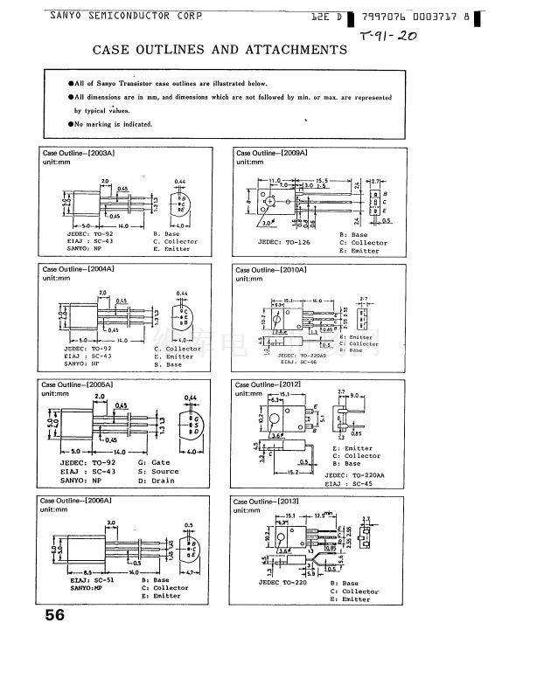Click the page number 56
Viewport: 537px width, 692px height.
(54, 614)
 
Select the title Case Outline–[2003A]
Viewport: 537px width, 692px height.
(79, 153)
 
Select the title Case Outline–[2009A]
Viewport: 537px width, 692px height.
(271, 153)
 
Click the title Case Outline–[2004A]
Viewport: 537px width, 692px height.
(79, 269)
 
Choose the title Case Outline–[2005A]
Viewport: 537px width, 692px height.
(79, 384)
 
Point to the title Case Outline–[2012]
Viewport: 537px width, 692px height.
(268, 384)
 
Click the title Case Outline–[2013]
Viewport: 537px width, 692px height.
(268, 502)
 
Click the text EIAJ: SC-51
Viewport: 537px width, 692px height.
(91, 579)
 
